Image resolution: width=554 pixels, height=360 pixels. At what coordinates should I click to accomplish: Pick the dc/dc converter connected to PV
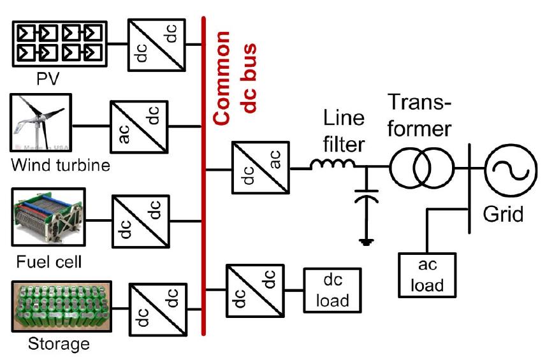click(156, 44)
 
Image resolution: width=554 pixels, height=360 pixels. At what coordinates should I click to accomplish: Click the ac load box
click(427, 274)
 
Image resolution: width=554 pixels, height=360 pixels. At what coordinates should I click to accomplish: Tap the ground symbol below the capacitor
click(366, 241)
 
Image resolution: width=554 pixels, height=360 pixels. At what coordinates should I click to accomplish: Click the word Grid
click(502, 213)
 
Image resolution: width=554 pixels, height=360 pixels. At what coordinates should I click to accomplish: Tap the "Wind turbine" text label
click(61, 167)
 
